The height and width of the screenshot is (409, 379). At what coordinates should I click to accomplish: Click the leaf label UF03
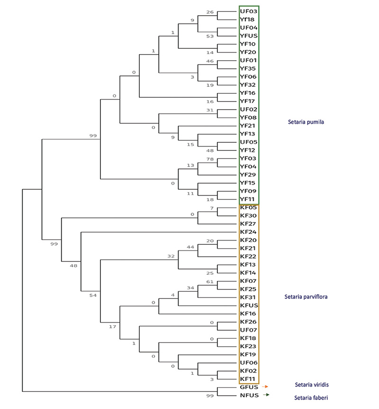click(249, 11)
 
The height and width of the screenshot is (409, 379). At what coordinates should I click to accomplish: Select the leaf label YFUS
click(249, 36)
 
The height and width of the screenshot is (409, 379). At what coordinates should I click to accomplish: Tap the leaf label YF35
click(248, 68)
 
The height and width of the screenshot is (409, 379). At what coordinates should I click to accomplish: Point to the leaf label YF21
click(247, 126)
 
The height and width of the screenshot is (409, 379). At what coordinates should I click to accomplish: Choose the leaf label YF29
click(248, 175)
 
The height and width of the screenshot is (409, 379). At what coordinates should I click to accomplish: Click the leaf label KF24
click(248, 232)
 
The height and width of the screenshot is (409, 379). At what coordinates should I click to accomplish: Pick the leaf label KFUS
click(249, 306)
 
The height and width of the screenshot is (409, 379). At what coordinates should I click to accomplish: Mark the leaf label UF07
click(249, 330)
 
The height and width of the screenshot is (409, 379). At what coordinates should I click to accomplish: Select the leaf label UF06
click(249, 363)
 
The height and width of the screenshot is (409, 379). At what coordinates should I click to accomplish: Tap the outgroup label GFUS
click(249, 387)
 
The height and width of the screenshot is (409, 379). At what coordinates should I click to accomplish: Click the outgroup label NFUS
click(249, 395)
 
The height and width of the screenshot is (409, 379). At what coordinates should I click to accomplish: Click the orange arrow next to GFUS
click(265, 387)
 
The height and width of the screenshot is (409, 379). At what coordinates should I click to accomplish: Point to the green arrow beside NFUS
click(266, 395)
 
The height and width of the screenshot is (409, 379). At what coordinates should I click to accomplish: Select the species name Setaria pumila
click(306, 122)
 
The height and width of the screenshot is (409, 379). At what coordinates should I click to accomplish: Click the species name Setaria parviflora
click(306, 297)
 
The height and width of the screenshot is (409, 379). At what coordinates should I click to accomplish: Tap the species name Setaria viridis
click(312, 385)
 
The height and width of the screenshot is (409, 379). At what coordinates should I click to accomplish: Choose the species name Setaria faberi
click(311, 398)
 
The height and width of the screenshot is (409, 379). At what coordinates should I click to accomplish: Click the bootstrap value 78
click(210, 159)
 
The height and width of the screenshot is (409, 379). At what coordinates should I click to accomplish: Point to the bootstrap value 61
click(210, 282)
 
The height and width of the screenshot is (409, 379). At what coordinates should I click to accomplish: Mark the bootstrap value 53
click(210, 36)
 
